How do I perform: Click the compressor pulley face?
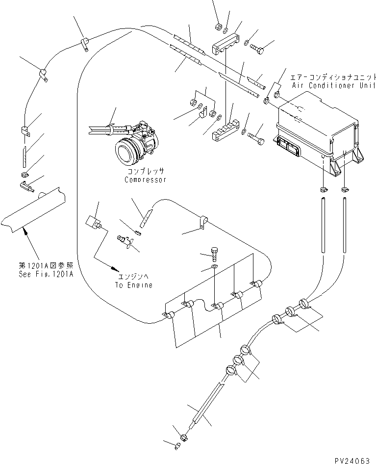point(125,150)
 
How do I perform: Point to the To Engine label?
point(133,285)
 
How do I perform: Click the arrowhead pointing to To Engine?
point(116,269)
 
